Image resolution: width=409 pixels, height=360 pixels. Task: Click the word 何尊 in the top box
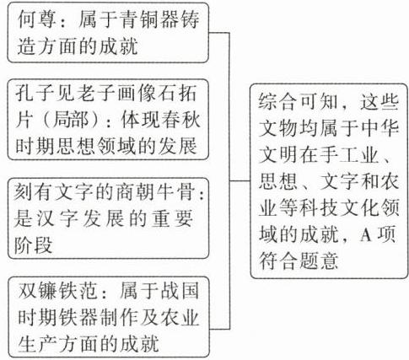pyautogui.click(x=35, y=20)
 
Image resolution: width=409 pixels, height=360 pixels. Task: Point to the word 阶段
pyautogui.click(x=33, y=245)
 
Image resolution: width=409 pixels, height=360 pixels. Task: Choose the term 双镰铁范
pyautogui.click(x=57, y=291)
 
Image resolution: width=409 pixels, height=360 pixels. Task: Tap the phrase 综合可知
pyautogui.click(x=298, y=102)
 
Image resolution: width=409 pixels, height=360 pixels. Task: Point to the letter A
pyautogui.click(x=366, y=235)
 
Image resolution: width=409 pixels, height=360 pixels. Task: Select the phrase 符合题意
pyautogui.click(x=299, y=261)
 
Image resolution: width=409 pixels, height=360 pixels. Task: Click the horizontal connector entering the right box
pyautogui.click(x=239, y=180)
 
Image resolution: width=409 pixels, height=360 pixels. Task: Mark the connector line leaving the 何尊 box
pyautogui.click(x=219, y=33)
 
